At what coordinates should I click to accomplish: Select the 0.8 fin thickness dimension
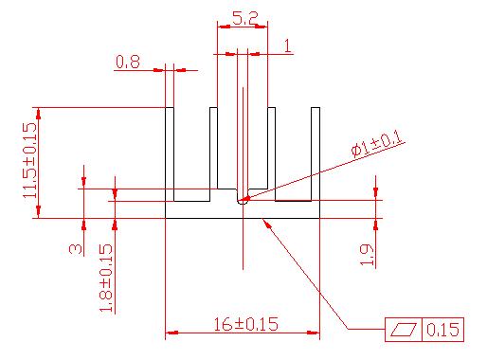[x=128, y=62]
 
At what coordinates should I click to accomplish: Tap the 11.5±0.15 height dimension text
[x=30, y=160]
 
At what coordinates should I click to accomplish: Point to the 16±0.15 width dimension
[x=246, y=324]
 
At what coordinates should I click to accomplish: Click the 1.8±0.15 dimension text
[x=106, y=278]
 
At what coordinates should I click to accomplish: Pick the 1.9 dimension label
[x=367, y=255]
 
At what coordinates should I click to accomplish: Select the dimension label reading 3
[x=76, y=249]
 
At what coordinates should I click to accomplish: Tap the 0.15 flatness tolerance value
[x=442, y=330]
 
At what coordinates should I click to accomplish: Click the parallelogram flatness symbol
[x=404, y=330]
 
